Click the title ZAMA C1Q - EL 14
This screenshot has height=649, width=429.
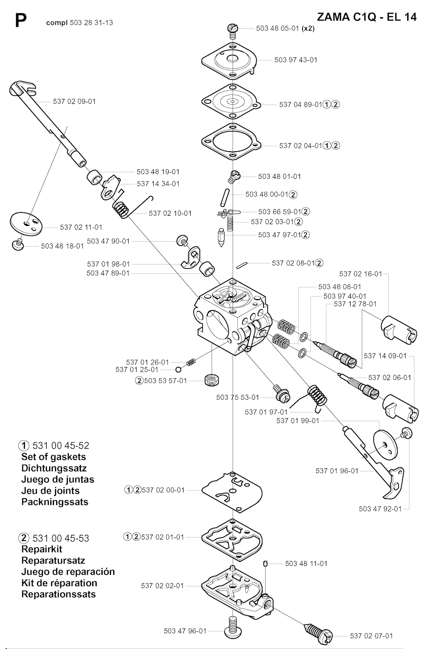tap(367, 17)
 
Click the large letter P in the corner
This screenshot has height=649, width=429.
tap(21, 21)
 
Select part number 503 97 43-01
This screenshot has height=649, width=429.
tap(296, 60)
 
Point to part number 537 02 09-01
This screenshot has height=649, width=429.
tap(74, 101)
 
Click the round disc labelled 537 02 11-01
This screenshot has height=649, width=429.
tap(26, 224)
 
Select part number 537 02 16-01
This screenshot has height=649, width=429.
tap(361, 274)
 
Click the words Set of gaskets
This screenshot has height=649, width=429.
tap(54, 457)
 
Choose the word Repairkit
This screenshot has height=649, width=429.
tap(42, 549)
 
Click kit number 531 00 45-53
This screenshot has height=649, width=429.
tap(61, 538)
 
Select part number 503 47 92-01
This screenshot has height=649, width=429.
tap(380, 509)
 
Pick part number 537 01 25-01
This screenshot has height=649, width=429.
tap(137, 370)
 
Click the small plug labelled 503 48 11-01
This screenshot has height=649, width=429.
tap(265, 564)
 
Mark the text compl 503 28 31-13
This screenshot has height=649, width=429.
tap(80, 23)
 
